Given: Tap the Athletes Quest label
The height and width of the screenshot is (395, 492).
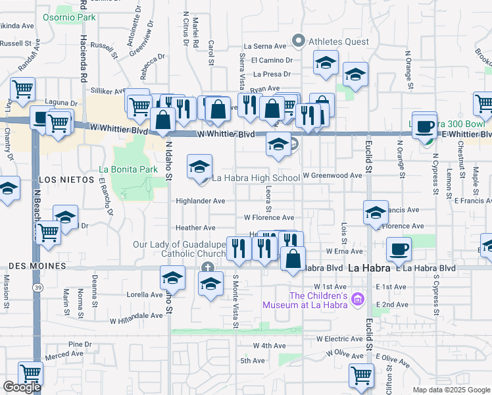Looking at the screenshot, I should click(339, 41).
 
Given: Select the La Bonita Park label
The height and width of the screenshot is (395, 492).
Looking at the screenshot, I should click(128, 169).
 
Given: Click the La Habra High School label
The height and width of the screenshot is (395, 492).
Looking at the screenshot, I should click(255, 178).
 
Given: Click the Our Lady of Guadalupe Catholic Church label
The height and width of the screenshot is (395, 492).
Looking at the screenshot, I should click(179, 250).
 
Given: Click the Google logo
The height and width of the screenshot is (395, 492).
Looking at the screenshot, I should click(22, 386).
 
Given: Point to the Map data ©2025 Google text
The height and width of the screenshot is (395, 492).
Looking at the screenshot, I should click(451, 390).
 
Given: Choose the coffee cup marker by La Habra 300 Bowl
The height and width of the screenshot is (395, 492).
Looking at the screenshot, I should click(425, 125).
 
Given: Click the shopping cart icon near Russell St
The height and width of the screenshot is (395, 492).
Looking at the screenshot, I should click(23, 88).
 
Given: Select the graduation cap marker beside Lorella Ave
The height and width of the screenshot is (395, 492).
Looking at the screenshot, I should click(172, 277).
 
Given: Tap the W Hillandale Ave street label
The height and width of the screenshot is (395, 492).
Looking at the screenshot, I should click(136, 315).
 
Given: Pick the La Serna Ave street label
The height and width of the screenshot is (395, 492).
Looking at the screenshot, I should click(265, 46).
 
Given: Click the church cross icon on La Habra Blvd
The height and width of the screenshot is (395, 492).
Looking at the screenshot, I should click(208, 267).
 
